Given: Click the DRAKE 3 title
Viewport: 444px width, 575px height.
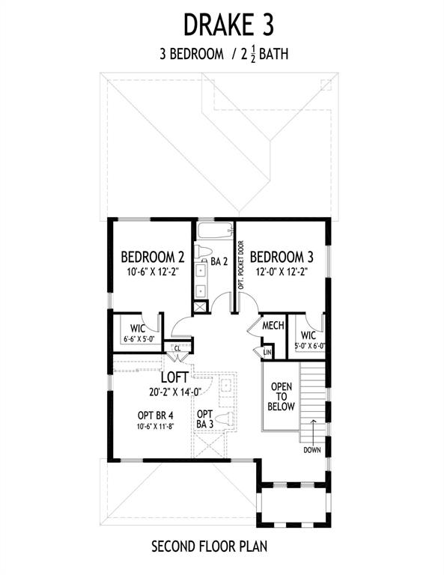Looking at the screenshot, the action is (x=228, y=25).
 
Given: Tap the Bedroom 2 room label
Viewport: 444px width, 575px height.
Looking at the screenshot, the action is (x=153, y=257).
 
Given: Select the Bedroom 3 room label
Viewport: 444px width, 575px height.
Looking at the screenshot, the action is (x=282, y=257).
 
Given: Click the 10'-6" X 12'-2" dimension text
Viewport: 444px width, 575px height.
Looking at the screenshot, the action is (x=153, y=272).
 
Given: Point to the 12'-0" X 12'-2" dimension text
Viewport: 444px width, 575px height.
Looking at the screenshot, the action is (x=282, y=272).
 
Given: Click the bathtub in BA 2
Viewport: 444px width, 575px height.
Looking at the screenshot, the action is (x=215, y=231).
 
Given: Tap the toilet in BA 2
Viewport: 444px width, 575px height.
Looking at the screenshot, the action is (x=203, y=252).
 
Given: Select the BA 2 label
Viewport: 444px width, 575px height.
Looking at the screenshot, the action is (x=219, y=261).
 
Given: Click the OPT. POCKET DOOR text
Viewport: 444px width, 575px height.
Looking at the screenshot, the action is (x=241, y=265).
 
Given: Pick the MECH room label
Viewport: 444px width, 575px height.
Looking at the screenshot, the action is (x=273, y=325).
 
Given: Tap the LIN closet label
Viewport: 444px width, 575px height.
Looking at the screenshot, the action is (x=267, y=353).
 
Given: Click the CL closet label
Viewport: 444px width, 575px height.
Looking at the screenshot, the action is (x=177, y=348).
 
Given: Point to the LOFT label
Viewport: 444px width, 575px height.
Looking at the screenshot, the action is (x=175, y=377).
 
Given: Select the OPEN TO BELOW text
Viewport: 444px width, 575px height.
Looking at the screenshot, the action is (x=282, y=396).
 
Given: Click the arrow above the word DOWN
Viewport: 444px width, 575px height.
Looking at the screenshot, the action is (x=313, y=431).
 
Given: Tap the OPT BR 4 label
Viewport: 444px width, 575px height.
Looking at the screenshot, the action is (x=156, y=416).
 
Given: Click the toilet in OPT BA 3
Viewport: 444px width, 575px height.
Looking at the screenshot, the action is (x=225, y=419).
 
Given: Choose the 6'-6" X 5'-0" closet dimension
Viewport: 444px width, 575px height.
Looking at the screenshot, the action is (x=139, y=340).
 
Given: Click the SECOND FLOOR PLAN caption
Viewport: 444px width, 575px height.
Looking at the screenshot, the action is (x=210, y=547).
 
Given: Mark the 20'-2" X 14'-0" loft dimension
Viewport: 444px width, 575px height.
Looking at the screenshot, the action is (x=176, y=392).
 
